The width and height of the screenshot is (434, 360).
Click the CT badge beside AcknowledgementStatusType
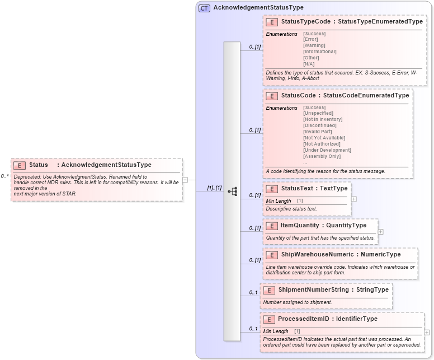pyautogui.click(x=205, y=8)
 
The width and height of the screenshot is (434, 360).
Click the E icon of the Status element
pyautogui.click(x=20, y=165)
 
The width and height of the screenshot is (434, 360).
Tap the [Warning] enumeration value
pyautogui.click(x=314, y=45)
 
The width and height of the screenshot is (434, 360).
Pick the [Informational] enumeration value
pyautogui.click(x=319, y=52)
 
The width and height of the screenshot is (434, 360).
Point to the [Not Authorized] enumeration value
pyautogui.click(x=321, y=144)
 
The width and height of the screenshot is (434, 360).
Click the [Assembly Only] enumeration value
pyautogui.click(x=322, y=156)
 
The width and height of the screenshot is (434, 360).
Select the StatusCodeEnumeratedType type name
pyautogui.click(x=366, y=96)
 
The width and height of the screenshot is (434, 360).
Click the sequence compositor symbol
pyautogui.click(x=232, y=191)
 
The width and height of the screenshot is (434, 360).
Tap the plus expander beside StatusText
pyautogui.click(x=353, y=198)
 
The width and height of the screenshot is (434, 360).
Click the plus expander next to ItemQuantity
pyautogui.click(x=380, y=231)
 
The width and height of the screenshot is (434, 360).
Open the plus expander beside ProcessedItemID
pyautogui.click(x=427, y=332)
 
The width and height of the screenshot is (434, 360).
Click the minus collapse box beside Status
pyautogui.click(x=185, y=180)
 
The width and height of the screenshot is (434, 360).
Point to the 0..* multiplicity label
pyautogui.click(x=5, y=176)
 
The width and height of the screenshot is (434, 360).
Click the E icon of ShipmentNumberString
pyautogui.click(x=269, y=290)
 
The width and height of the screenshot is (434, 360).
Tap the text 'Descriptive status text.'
pyautogui.click(x=291, y=209)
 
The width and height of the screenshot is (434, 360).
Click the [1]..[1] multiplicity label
pyautogui.click(x=214, y=188)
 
